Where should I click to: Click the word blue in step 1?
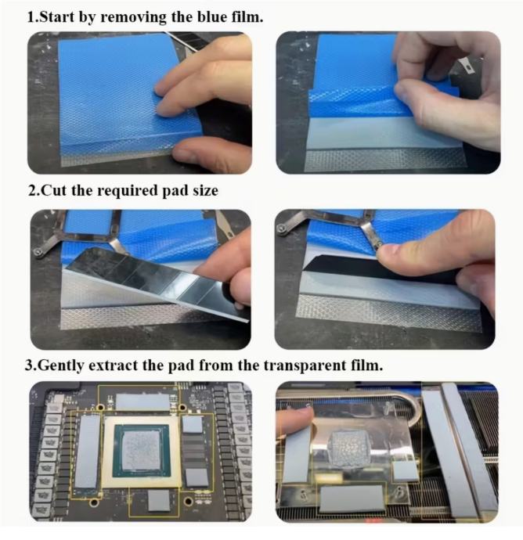point(211,17)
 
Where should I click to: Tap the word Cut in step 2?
point(54,190)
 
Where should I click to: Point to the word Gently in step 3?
point(60,365)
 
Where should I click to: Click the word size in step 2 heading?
point(205,191)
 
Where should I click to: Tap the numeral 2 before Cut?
point(32,190)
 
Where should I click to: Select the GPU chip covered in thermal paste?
point(142,450)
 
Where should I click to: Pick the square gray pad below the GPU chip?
point(158,500)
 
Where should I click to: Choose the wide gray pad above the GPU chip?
point(142,402)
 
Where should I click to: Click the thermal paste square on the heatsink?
point(349,450)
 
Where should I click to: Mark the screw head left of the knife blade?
point(38,253)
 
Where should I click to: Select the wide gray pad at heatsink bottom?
point(352,499)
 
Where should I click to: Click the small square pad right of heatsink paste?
point(406,471)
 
